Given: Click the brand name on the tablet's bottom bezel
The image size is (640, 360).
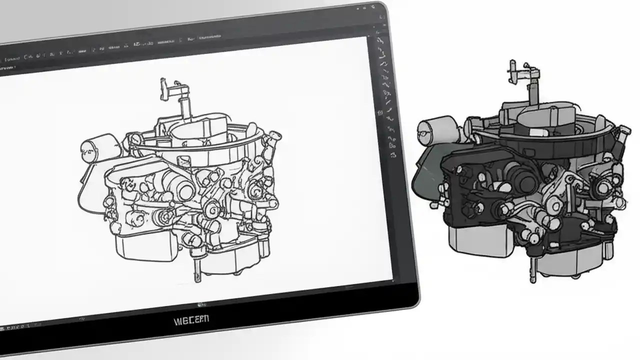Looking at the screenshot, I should click(x=192, y=319).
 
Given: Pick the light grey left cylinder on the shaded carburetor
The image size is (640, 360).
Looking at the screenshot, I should click(x=435, y=128).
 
